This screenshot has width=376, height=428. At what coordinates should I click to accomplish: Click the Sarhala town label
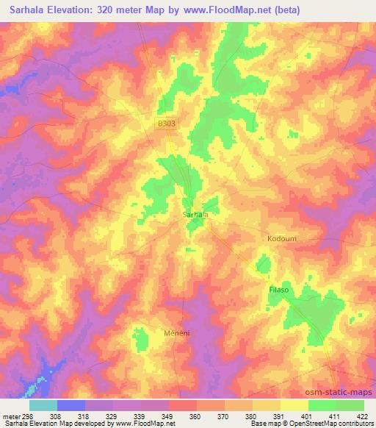195,214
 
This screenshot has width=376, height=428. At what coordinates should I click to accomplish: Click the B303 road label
167,126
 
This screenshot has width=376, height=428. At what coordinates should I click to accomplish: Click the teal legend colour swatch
43,404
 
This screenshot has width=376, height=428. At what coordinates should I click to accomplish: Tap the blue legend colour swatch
70,404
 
